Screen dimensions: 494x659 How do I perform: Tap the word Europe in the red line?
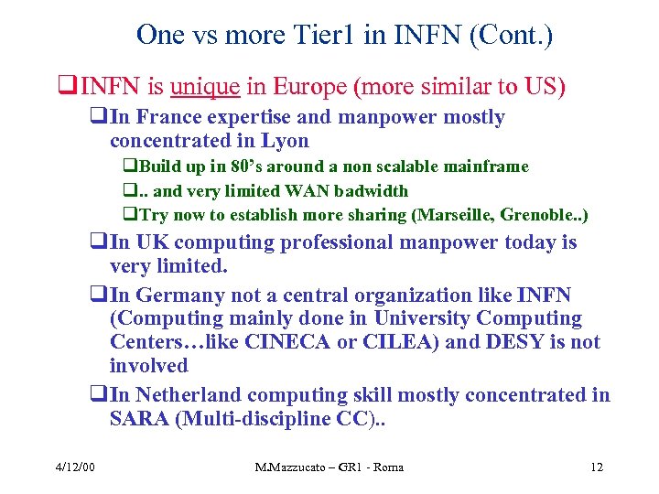tap(312, 88)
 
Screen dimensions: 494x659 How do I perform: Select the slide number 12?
tap(597, 467)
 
